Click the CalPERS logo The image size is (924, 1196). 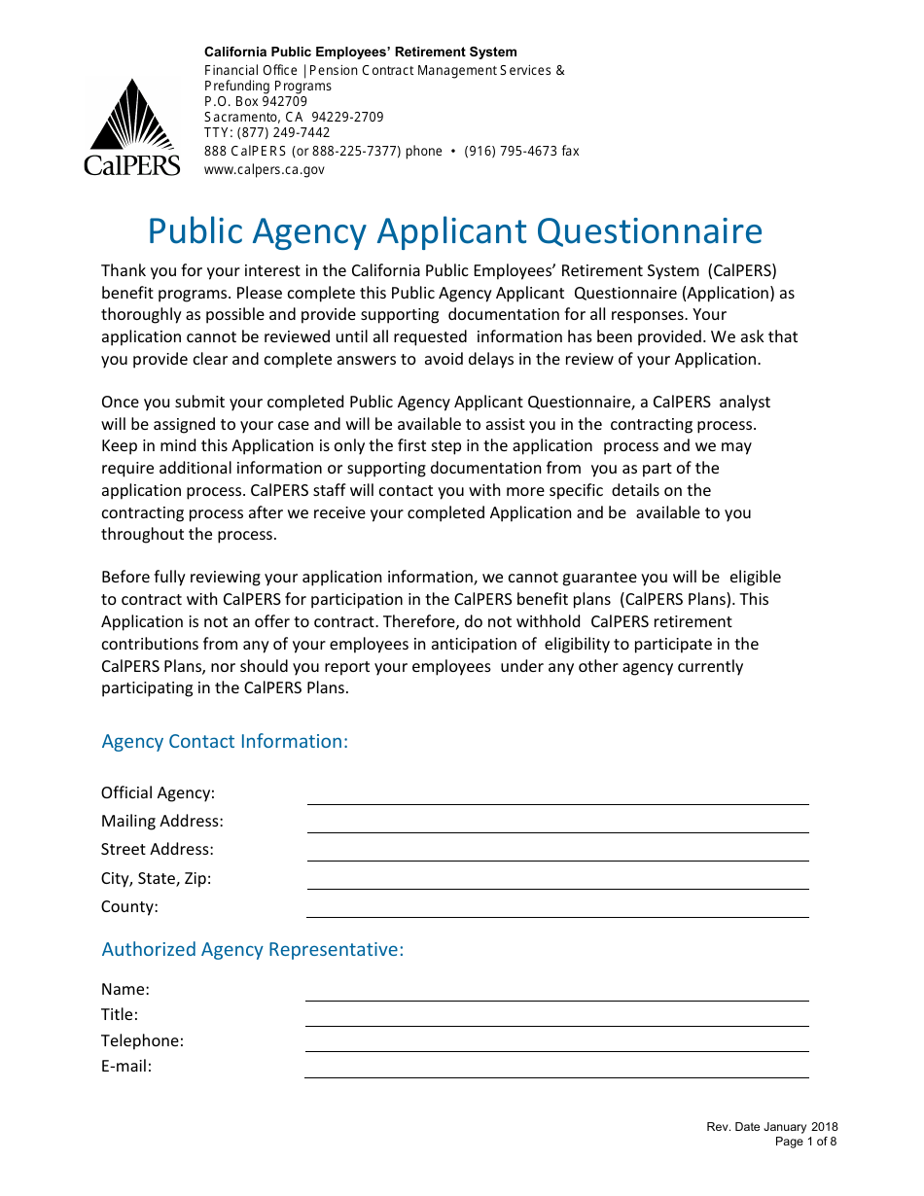[x=131, y=127]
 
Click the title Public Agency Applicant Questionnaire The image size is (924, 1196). [x=454, y=231]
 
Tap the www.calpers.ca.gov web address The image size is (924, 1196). [x=264, y=169]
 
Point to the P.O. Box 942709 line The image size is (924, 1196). [x=255, y=101]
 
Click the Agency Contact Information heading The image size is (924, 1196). [x=225, y=742]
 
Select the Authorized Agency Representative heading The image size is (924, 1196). [x=252, y=950]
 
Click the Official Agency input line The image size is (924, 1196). [x=557, y=796]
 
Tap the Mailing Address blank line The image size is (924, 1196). [x=557, y=825]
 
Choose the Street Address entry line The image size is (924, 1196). [x=557, y=853]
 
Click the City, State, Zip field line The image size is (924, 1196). [x=557, y=881]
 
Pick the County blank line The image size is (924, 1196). [x=557, y=909]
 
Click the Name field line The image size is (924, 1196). [x=556, y=993]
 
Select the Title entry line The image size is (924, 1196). [x=556, y=1018]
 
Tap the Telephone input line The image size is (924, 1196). [x=556, y=1043]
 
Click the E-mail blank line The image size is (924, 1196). [x=556, y=1070]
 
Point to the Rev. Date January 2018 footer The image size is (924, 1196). [x=771, y=1127]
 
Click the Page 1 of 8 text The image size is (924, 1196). [x=805, y=1142]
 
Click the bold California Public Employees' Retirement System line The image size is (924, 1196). [x=360, y=53]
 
